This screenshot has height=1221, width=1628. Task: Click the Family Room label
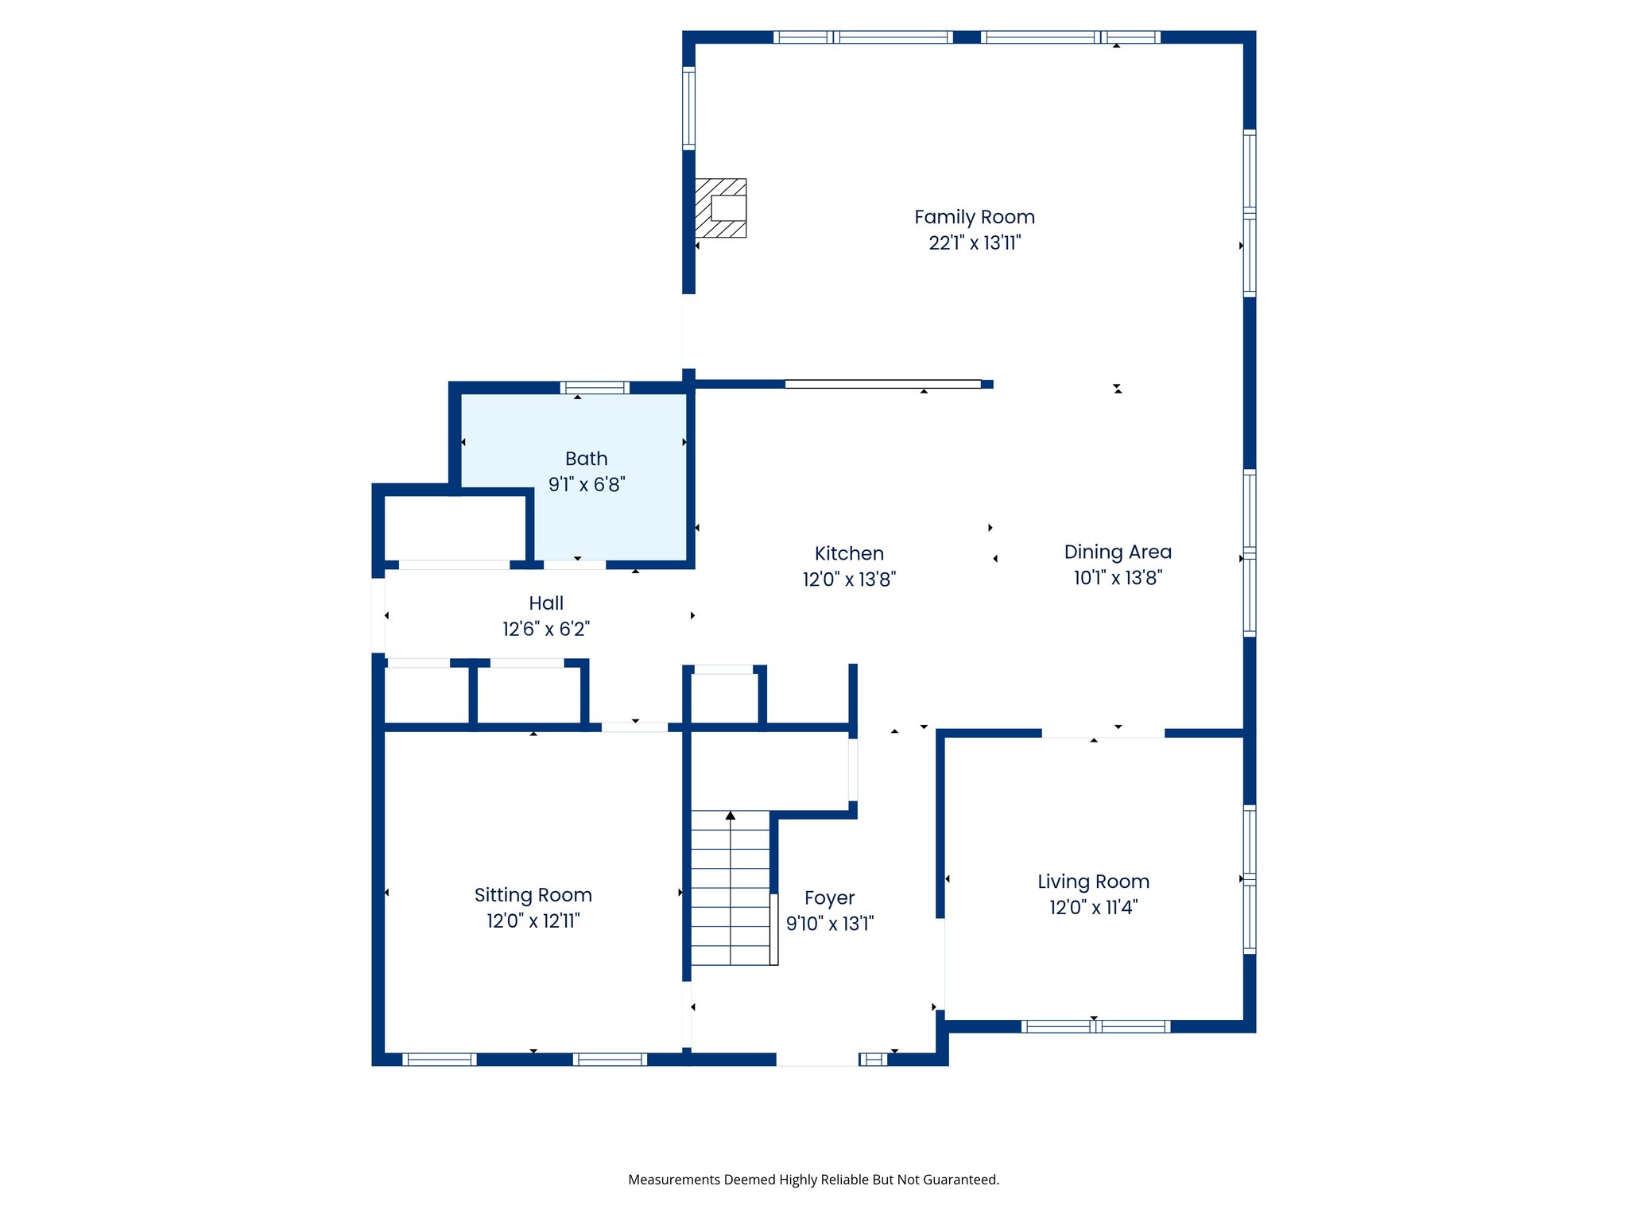click(x=974, y=217)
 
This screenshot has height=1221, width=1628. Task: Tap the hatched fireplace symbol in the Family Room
click(x=720, y=207)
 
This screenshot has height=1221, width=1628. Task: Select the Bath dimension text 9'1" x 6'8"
click(x=587, y=484)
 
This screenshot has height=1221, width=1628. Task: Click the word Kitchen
click(x=849, y=553)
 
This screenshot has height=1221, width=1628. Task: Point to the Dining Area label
click(x=1117, y=552)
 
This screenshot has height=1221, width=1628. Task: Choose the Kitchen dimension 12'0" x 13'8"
click(x=849, y=579)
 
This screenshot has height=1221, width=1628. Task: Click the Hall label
click(x=546, y=603)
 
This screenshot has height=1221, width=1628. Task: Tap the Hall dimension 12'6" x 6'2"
click(x=546, y=629)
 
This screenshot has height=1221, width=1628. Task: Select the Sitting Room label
click(x=533, y=895)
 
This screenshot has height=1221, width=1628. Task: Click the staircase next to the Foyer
click(x=730, y=890)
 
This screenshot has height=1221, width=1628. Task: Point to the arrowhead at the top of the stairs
click(x=731, y=816)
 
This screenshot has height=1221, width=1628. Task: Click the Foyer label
click(x=829, y=897)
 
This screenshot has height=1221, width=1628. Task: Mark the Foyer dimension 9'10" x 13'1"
click(x=829, y=923)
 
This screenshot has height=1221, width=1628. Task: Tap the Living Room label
click(x=1093, y=882)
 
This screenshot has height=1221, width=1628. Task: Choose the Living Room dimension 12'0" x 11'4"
click(x=1093, y=907)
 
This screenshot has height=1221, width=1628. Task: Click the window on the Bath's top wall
click(x=595, y=388)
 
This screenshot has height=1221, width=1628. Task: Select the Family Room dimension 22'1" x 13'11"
click(x=974, y=242)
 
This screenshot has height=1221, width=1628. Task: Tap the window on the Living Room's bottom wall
click(x=1095, y=1026)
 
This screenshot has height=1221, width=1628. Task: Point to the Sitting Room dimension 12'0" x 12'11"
click(x=533, y=921)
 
